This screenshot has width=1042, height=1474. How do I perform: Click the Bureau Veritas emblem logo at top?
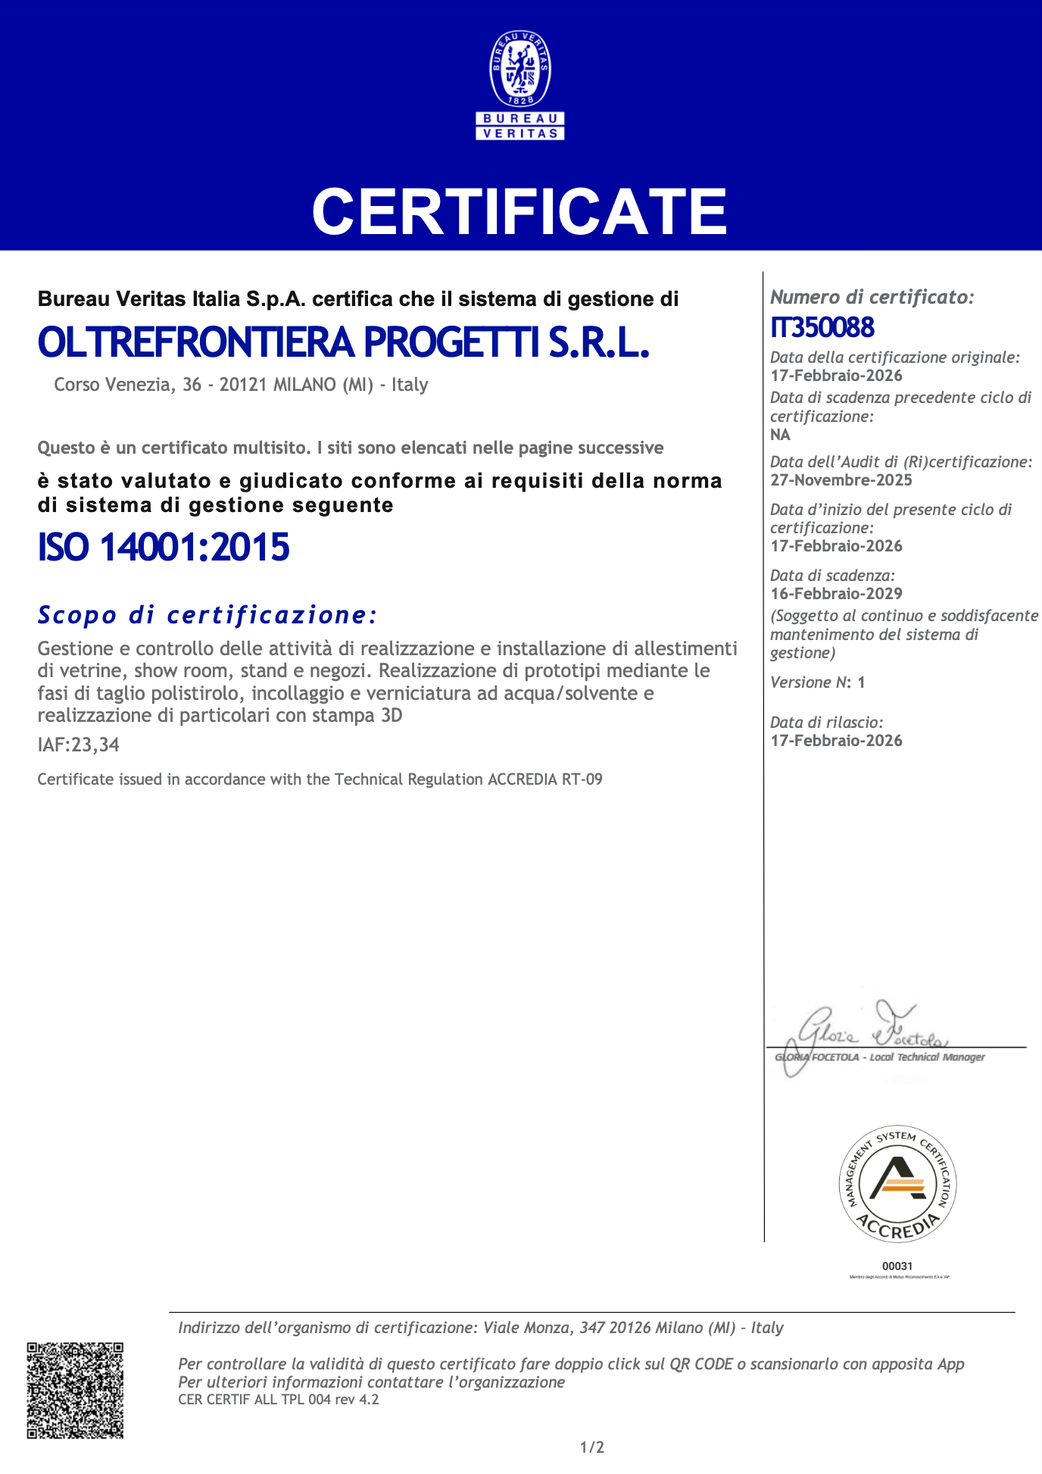pos(520,85)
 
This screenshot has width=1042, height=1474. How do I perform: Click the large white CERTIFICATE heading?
pos(519,211)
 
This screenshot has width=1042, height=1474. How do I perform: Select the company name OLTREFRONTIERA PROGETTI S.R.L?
pos(344,342)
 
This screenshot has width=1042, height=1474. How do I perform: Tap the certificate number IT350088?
pos(822,327)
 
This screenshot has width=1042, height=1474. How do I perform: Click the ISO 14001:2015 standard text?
pos(164,547)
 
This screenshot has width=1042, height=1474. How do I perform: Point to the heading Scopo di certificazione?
pos(207,614)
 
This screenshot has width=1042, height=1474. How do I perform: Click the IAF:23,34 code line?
pos(79,745)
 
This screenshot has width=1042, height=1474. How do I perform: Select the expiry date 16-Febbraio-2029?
pos(836,594)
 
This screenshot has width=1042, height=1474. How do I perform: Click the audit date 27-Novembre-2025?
pos(841,480)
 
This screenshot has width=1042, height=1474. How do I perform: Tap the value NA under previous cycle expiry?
pos(780,435)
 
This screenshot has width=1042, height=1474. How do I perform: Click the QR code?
pos(75,1390)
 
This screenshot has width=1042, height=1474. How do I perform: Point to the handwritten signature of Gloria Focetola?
pos(863,1031)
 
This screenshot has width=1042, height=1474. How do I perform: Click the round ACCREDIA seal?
pos(897,1183)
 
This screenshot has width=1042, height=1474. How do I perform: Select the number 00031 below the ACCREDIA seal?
pos(897,1266)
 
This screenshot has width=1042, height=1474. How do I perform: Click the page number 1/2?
pos(592,1447)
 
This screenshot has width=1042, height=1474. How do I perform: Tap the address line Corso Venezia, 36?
pos(241,385)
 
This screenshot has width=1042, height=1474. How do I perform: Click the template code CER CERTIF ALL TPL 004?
pos(278,1399)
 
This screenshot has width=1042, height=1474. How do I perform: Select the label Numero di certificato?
pos(872,297)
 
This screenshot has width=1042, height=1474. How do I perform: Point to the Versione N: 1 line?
pos(817,682)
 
